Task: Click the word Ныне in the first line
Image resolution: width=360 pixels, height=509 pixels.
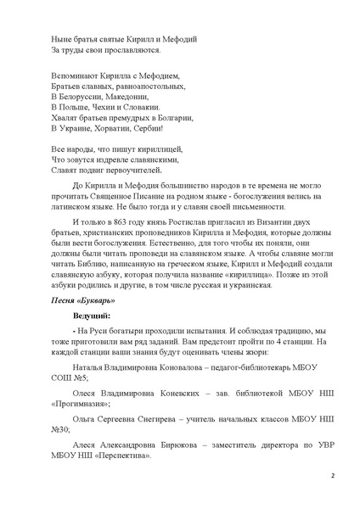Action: (x=63, y=39)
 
